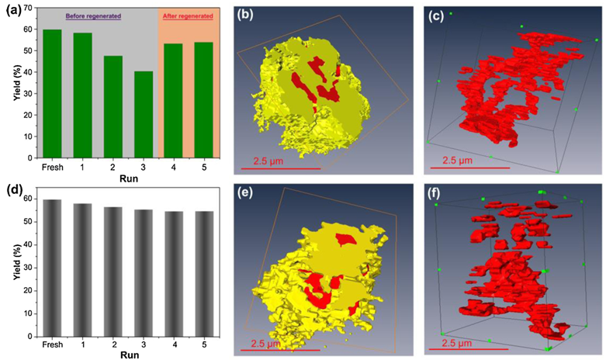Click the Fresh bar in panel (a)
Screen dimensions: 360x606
[52, 93]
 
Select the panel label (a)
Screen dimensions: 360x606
[11, 10]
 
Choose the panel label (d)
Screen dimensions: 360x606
[11, 189]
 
